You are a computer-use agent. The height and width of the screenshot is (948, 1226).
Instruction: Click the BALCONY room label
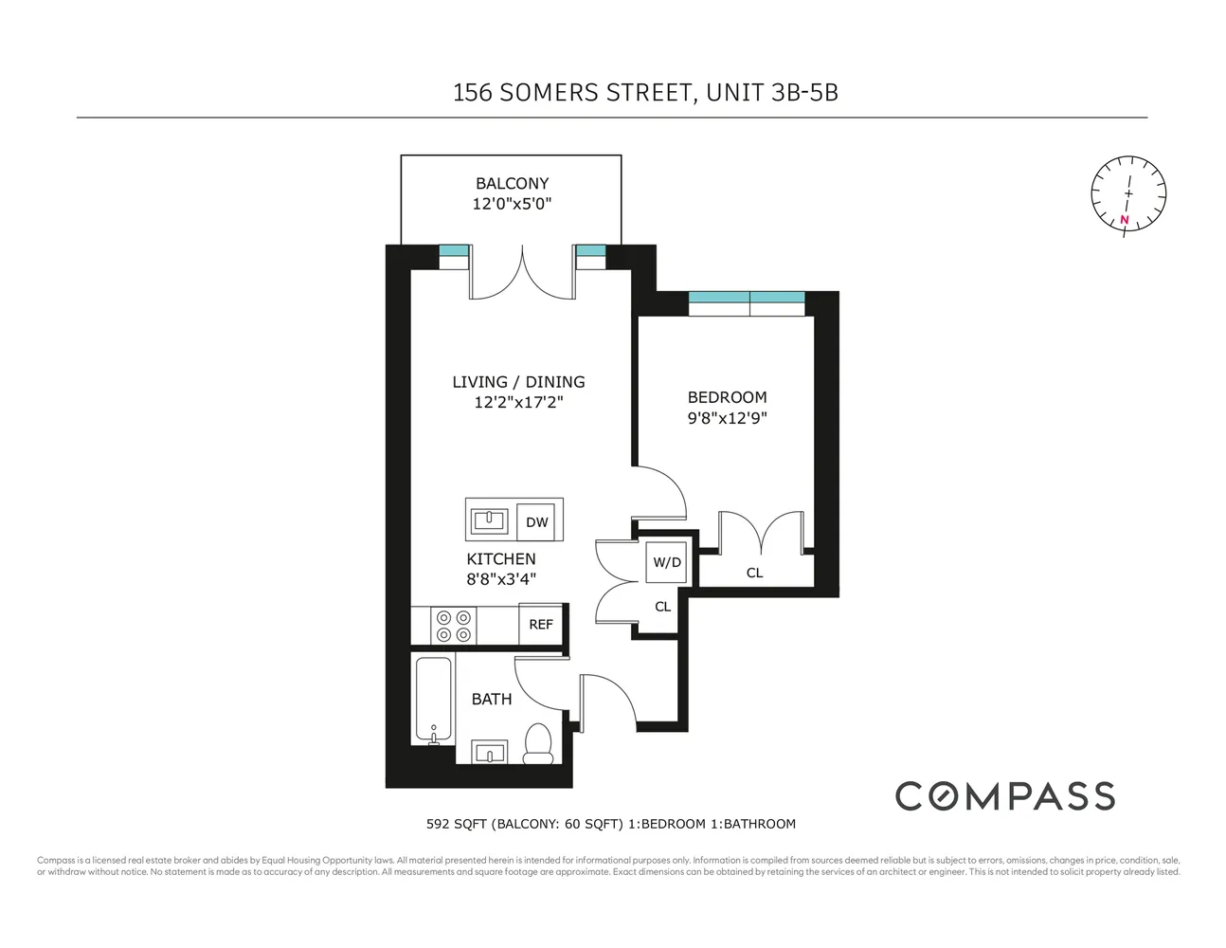click(x=512, y=183)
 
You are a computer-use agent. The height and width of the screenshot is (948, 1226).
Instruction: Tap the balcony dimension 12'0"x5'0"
click(x=512, y=204)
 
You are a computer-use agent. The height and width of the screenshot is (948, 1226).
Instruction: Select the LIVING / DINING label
click(x=518, y=382)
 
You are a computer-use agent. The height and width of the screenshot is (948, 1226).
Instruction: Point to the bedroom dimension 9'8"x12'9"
click(x=727, y=418)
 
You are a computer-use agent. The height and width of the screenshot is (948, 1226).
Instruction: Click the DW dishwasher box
click(x=537, y=521)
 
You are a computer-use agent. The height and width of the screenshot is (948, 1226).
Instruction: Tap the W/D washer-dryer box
click(x=667, y=562)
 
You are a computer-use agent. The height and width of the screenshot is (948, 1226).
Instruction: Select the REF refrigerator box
click(x=541, y=625)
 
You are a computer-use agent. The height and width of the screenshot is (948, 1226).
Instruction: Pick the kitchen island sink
click(x=492, y=520)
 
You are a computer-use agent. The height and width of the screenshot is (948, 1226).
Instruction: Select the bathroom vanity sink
click(x=491, y=753)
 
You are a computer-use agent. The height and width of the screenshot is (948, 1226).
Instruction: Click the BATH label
click(x=492, y=700)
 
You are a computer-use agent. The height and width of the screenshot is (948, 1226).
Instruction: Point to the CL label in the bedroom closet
click(x=754, y=573)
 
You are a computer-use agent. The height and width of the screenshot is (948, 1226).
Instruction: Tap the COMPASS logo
click(x=1004, y=796)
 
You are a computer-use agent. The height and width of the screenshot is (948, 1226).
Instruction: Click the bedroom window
click(x=747, y=303)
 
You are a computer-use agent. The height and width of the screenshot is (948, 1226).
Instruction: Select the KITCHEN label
click(x=501, y=559)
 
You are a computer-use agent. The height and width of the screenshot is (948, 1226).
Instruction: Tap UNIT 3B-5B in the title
click(x=772, y=93)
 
